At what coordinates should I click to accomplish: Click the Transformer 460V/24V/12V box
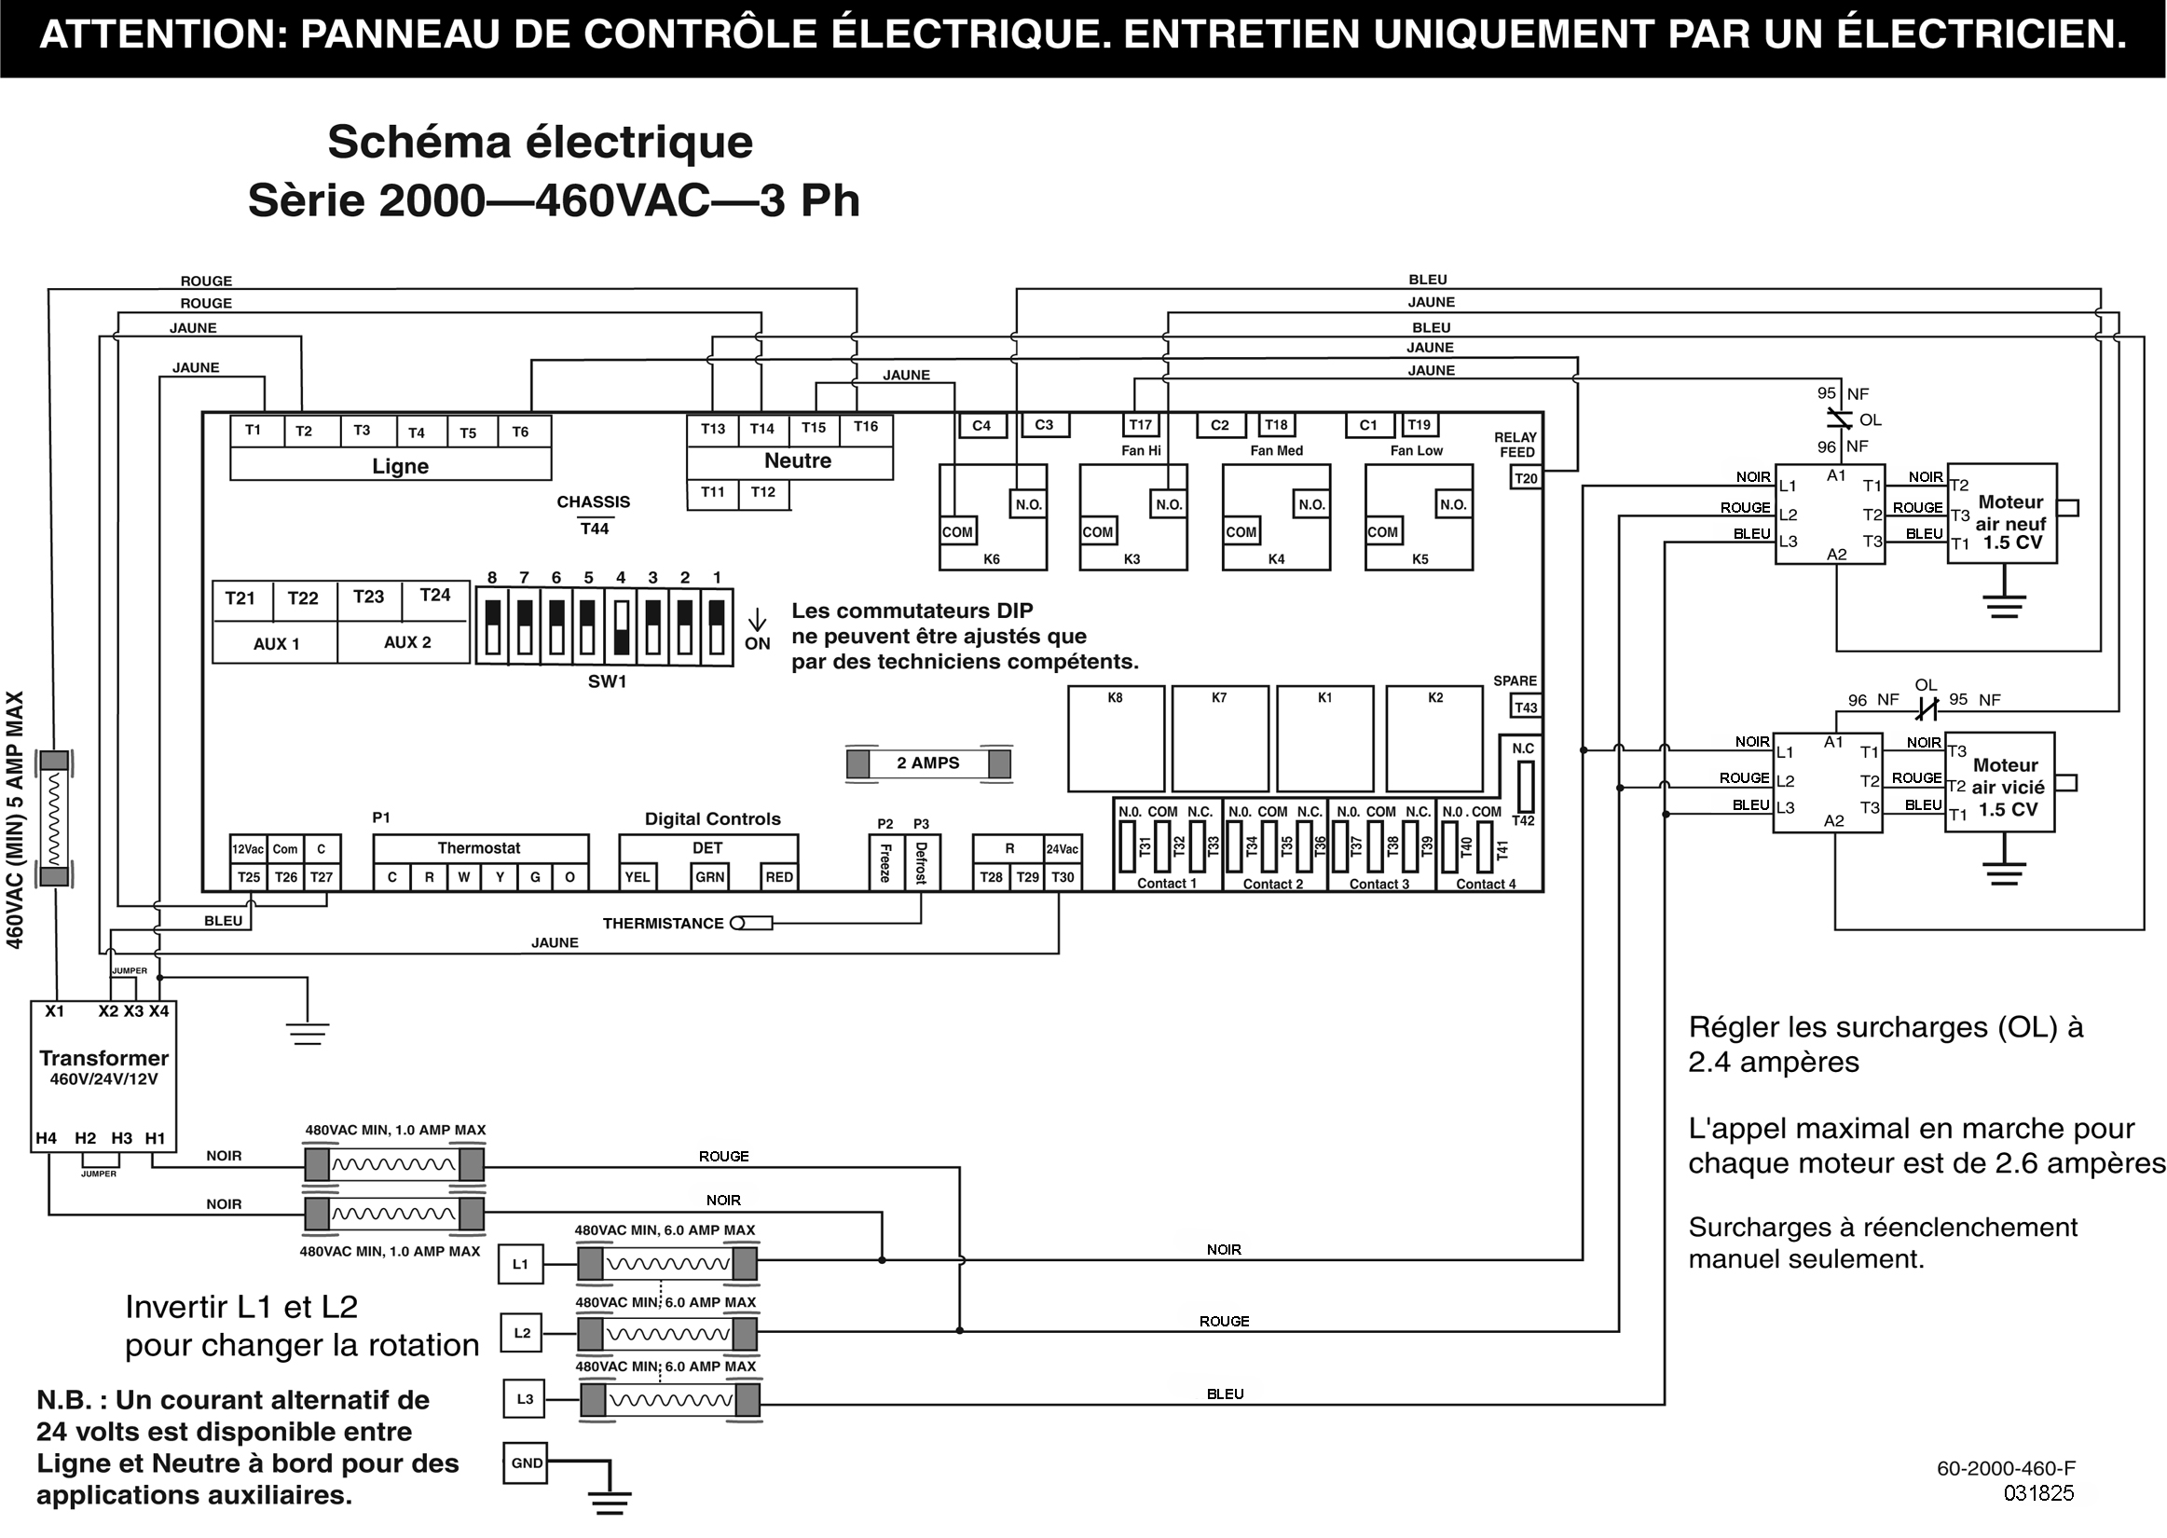103,1076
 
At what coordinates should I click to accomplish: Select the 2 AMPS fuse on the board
928,763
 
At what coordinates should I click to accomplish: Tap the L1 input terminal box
521,1264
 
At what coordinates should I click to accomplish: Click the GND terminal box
527,1463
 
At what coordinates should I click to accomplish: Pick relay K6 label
991,558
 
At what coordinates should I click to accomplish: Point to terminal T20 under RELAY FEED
1526,478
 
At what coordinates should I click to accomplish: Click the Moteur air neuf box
2002,514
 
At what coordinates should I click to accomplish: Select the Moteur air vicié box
2000,782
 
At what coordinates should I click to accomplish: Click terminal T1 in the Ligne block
253,431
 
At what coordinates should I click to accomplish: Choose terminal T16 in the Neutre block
866,428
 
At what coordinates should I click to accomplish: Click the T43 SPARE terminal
1526,707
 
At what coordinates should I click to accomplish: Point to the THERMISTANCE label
663,924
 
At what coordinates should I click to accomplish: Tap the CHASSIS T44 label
594,515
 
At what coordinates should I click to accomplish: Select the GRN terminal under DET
710,877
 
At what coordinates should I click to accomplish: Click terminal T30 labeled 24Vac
1063,877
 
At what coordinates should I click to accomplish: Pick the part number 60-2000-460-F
2006,1469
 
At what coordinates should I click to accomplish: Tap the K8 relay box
1117,738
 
